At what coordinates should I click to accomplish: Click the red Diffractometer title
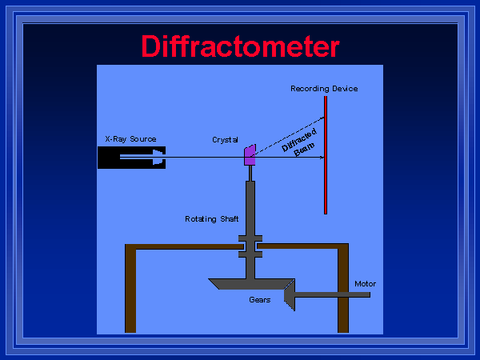(240, 46)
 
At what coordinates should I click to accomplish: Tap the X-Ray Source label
(130, 138)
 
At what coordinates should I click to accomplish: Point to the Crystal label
(225, 139)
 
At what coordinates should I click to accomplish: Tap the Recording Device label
(323, 88)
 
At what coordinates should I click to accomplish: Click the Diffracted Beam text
(301, 141)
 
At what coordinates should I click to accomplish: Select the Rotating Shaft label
(211, 218)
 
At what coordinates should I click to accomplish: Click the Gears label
(259, 300)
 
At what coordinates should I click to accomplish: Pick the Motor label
(365, 284)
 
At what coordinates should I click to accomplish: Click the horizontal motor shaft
(336, 295)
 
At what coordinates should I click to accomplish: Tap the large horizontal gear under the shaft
(248, 284)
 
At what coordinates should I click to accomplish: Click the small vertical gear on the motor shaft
(289, 294)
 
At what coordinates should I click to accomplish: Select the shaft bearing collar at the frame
(250, 246)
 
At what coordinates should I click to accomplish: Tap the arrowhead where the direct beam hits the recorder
(320, 158)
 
